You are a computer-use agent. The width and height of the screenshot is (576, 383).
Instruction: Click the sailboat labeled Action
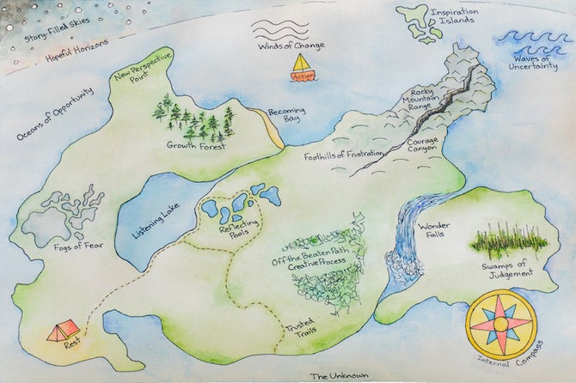[x=302, y=67]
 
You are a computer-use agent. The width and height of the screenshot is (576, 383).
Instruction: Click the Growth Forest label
[x=196, y=146]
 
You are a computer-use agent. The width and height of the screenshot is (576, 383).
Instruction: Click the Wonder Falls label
[x=432, y=231]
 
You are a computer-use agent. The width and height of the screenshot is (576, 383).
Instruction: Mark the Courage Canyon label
[x=422, y=144]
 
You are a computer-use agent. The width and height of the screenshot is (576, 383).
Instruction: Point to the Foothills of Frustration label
[x=343, y=155]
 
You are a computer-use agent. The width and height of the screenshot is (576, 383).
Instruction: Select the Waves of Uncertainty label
[x=540, y=62]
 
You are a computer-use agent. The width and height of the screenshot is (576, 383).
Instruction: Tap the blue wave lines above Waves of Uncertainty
[x=535, y=39]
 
